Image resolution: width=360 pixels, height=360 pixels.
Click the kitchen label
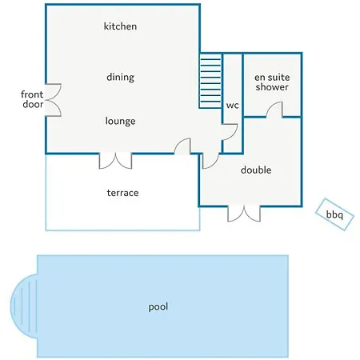tap(120, 26)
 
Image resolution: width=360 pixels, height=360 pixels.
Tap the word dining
tap(120, 78)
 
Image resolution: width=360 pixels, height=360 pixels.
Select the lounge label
tap(120, 121)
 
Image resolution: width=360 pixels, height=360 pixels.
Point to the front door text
tap(32, 99)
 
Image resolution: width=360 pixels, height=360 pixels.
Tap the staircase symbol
tap(210, 81)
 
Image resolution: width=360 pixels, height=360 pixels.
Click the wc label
tap(232, 106)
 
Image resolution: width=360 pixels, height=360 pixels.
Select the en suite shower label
tap(272, 82)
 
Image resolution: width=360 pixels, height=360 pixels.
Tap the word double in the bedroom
tap(256, 170)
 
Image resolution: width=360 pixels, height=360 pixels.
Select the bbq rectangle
tap(334, 214)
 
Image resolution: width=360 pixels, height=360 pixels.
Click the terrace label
tap(122, 193)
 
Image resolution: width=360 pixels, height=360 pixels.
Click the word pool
tap(158, 306)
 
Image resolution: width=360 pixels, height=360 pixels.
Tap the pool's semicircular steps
tap(24, 306)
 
